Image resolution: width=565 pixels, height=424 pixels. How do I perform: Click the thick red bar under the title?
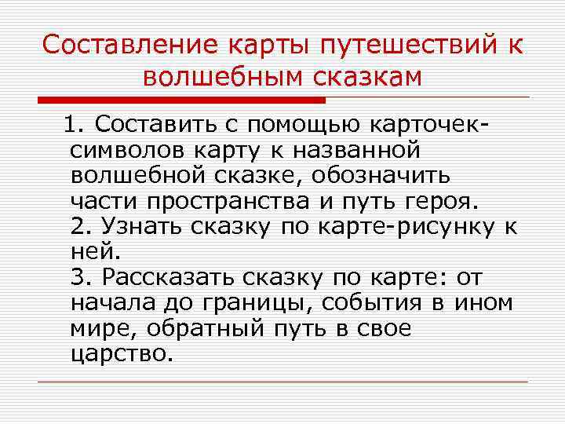pyautogui.click(x=181, y=101)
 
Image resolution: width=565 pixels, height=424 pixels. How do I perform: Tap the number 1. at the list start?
pyautogui.click(x=78, y=125)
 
